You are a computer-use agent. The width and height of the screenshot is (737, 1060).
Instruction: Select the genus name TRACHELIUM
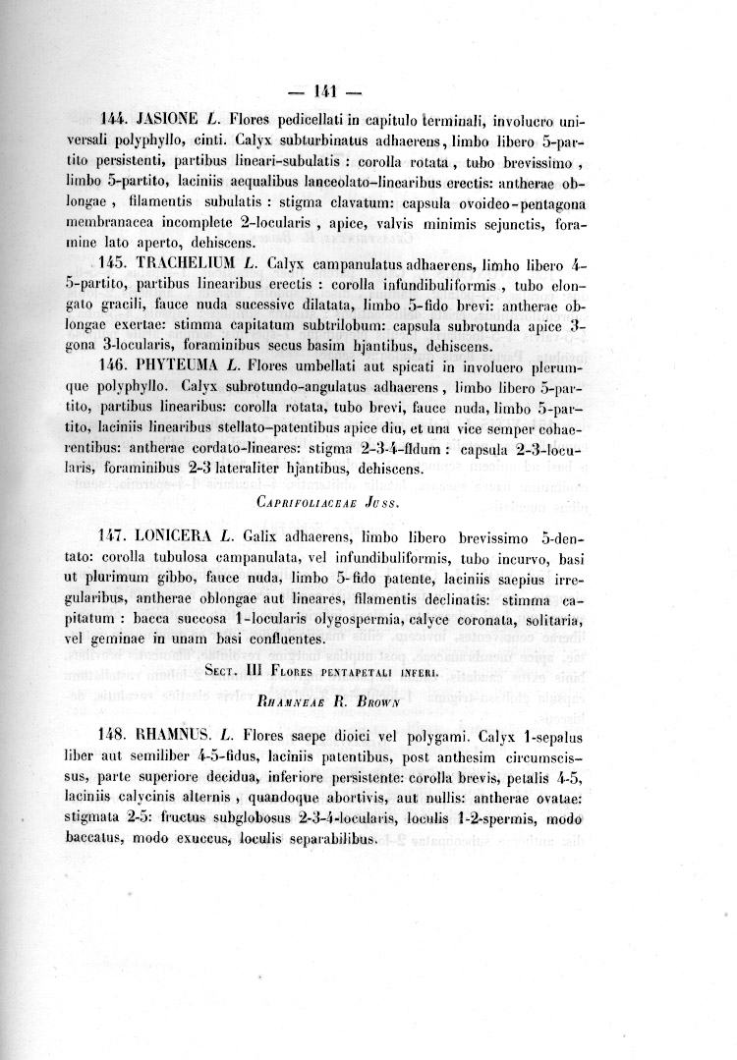190,265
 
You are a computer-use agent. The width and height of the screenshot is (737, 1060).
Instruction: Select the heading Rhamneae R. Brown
325,703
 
